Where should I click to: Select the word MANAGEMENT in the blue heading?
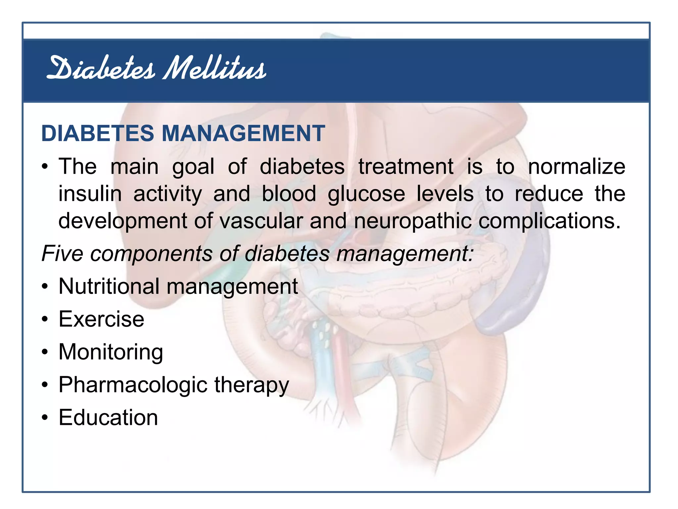click(x=243, y=134)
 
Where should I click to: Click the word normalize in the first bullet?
click(x=576, y=166)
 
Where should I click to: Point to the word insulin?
click(x=90, y=194)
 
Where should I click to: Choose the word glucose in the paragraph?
click(x=366, y=195)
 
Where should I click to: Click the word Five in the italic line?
click(x=62, y=254)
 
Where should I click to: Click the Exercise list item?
click(x=101, y=319)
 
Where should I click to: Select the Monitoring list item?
click(x=111, y=352)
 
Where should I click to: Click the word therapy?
click(x=252, y=385)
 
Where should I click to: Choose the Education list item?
click(x=108, y=418)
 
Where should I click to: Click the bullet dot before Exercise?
click(x=45, y=319)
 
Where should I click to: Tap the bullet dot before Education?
click(x=45, y=418)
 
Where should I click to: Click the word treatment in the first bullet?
click(x=406, y=166)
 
